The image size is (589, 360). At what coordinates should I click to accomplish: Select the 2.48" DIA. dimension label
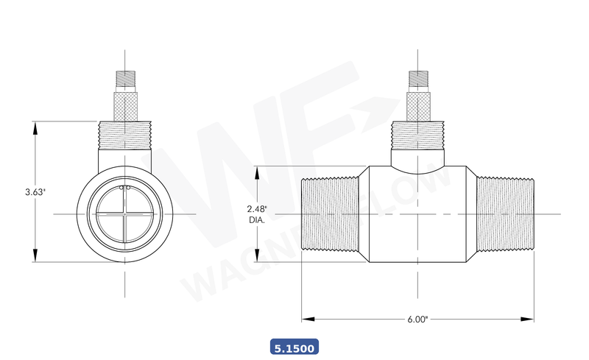point(257,214)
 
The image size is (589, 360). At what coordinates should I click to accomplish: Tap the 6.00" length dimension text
point(417,320)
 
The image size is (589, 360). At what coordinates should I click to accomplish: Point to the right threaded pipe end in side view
point(505,213)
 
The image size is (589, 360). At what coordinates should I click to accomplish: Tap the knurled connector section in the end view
point(124,104)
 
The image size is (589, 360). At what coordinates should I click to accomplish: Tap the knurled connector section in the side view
point(418,104)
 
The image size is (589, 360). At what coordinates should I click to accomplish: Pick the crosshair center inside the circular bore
point(124,213)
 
